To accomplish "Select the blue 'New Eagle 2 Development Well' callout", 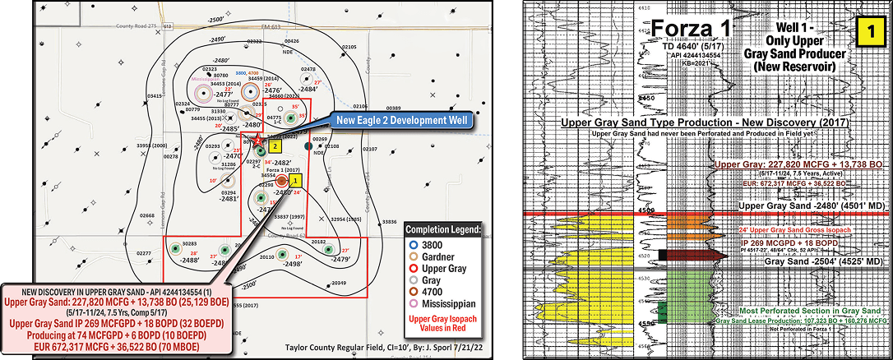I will coord(400,122).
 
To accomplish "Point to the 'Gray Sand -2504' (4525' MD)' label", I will coord(823,261).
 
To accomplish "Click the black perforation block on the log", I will coord(662,255).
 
